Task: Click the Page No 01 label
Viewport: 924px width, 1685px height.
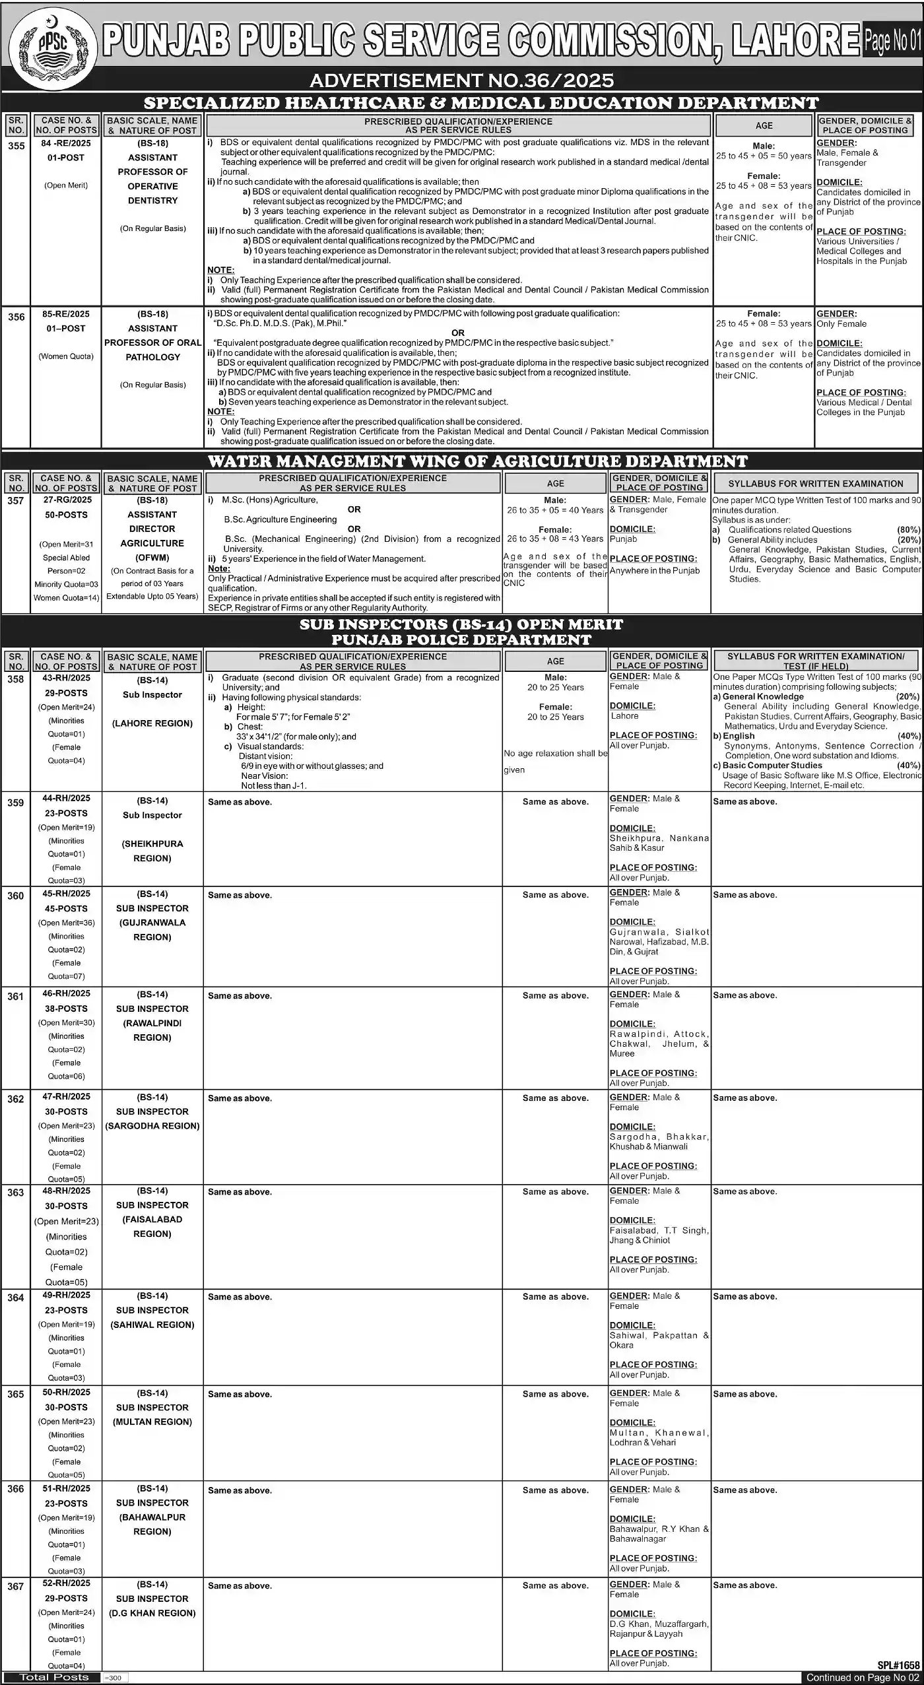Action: point(892,40)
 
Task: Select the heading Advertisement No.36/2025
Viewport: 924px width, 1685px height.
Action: point(461,81)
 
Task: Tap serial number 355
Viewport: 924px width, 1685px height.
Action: point(16,146)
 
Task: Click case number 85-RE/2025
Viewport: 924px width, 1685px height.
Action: point(66,314)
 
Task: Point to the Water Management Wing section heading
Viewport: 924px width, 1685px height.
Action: point(477,461)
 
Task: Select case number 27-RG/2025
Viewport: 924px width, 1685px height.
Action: point(67,500)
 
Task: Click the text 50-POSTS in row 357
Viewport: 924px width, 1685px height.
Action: point(66,515)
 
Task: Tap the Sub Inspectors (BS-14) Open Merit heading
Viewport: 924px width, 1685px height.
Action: point(461,624)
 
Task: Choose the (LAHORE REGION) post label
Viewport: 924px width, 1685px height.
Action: point(152,723)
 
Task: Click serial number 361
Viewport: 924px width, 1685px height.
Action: point(16,997)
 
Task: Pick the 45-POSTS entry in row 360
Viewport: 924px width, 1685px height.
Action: point(66,909)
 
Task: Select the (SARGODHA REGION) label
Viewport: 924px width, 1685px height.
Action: point(152,1126)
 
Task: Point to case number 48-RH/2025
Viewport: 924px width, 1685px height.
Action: point(66,1191)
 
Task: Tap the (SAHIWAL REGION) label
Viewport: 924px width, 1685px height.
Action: point(152,1325)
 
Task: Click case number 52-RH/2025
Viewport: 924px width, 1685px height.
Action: point(66,1583)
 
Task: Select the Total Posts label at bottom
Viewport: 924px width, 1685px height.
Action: point(53,1677)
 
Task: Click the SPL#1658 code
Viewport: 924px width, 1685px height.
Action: point(898,1666)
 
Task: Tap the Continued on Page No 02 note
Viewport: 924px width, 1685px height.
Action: point(863,1678)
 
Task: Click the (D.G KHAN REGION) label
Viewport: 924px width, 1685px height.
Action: point(152,1613)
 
